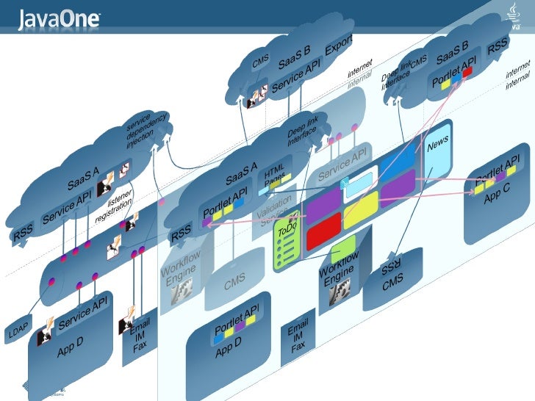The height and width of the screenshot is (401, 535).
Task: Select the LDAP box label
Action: (18, 333)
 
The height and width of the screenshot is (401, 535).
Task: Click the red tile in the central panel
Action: (323, 233)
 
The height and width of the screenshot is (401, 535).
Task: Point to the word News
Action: (438, 145)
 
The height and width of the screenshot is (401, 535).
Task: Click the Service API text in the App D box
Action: (83, 312)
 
